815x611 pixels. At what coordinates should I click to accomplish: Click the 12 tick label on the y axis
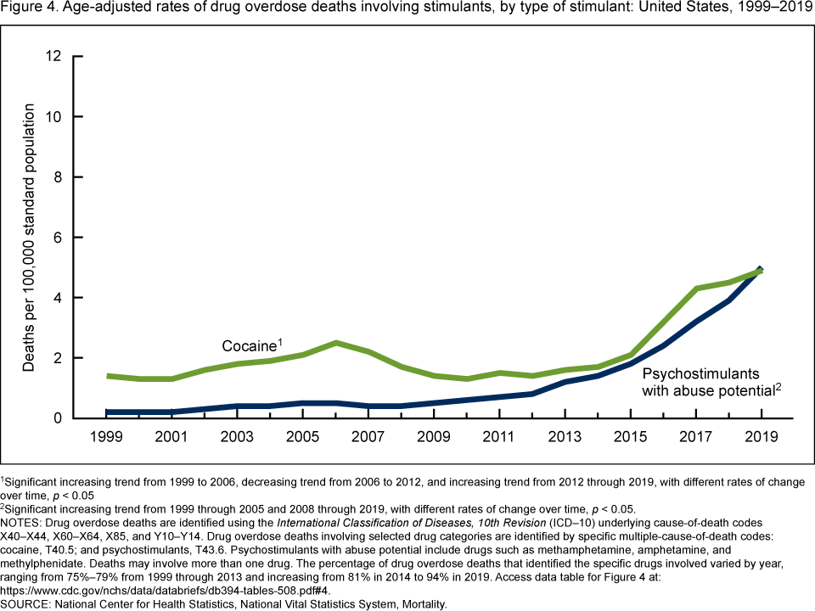point(54,56)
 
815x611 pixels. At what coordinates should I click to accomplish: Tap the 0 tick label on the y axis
point(58,418)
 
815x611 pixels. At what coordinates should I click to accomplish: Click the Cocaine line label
point(251,346)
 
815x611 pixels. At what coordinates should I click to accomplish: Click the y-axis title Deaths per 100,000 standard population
point(31,238)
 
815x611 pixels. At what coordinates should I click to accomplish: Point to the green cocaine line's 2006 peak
point(338,343)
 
